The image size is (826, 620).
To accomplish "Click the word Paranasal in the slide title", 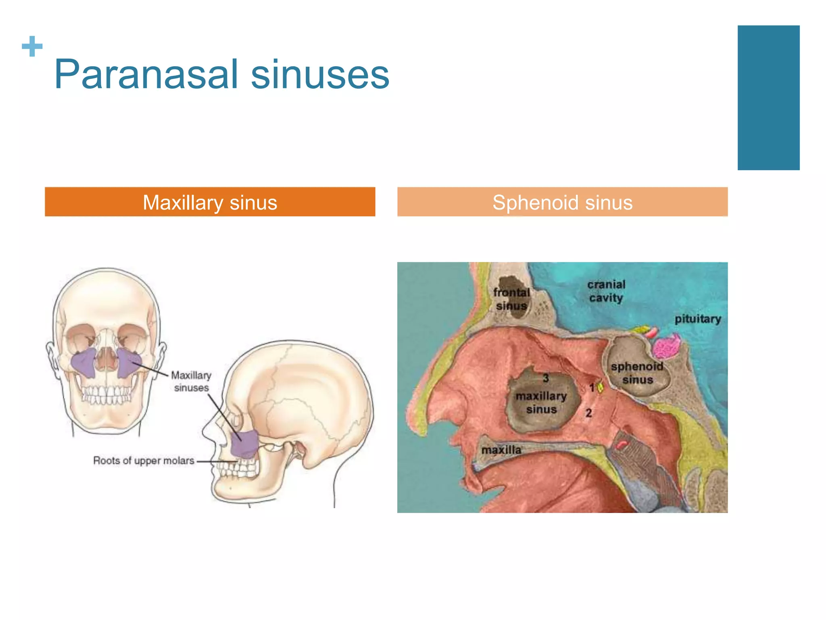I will [x=146, y=75].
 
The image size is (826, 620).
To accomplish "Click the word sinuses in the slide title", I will [x=320, y=75].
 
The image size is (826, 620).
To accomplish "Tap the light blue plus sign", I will [x=32, y=46].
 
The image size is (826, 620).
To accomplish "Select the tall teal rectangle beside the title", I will [x=768, y=98].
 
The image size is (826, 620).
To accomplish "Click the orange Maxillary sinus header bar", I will [x=210, y=202].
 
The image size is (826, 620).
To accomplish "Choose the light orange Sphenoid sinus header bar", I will [x=562, y=202].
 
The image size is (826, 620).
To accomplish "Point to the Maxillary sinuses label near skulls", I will [x=191, y=381].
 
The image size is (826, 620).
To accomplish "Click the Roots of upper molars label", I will [x=144, y=461].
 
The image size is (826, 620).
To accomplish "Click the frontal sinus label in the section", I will [x=511, y=299].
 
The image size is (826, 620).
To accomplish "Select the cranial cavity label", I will [x=606, y=291].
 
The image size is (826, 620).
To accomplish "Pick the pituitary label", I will [x=698, y=319].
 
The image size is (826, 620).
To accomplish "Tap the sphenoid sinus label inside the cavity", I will [x=637, y=373].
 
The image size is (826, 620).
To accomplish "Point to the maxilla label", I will [x=501, y=450].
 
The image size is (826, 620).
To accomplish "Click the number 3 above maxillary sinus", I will [x=546, y=378].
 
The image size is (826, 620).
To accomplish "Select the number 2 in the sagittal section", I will [x=589, y=413].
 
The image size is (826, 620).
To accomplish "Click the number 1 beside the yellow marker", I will [x=592, y=387].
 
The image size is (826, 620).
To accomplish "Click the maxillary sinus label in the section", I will [x=541, y=402].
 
